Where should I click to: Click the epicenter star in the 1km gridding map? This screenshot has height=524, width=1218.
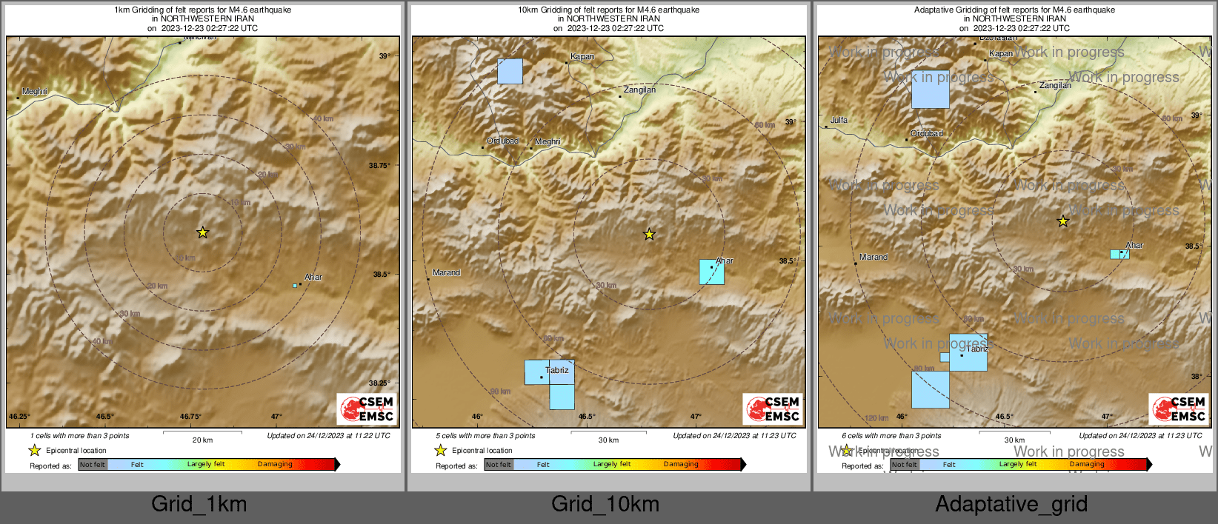point(202,232)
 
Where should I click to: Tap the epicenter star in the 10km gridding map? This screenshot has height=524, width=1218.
point(649,235)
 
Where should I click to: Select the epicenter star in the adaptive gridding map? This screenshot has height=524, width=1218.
point(1062,221)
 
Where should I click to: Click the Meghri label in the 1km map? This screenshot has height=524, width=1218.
point(35,92)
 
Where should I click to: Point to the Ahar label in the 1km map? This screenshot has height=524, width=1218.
point(313,278)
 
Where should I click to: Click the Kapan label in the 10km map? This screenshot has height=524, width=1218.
point(582,57)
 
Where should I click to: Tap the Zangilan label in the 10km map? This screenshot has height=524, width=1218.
point(639,90)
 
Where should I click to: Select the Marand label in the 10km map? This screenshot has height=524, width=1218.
point(446,273)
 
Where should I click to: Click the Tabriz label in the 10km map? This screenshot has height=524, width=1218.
point(557,371)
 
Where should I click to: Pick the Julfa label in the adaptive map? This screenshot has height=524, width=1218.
point(839,121)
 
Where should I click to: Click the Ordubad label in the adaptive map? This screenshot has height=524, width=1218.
point(927,134)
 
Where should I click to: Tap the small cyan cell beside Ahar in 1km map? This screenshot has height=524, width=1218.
point(295,286)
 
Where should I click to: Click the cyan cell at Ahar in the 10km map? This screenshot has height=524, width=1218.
point(711,272)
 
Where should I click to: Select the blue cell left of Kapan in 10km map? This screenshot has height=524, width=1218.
point(510,71)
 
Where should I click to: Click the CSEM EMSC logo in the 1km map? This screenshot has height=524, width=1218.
point(367,409)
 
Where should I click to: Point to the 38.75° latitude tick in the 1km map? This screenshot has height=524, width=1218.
point(379,166)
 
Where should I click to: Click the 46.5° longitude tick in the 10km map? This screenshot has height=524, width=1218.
point(587,417)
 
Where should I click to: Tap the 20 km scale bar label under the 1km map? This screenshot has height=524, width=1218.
point(202,440)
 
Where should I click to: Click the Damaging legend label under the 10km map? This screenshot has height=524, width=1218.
point(681,465)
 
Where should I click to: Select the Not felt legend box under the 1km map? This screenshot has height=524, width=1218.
point(93,465)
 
